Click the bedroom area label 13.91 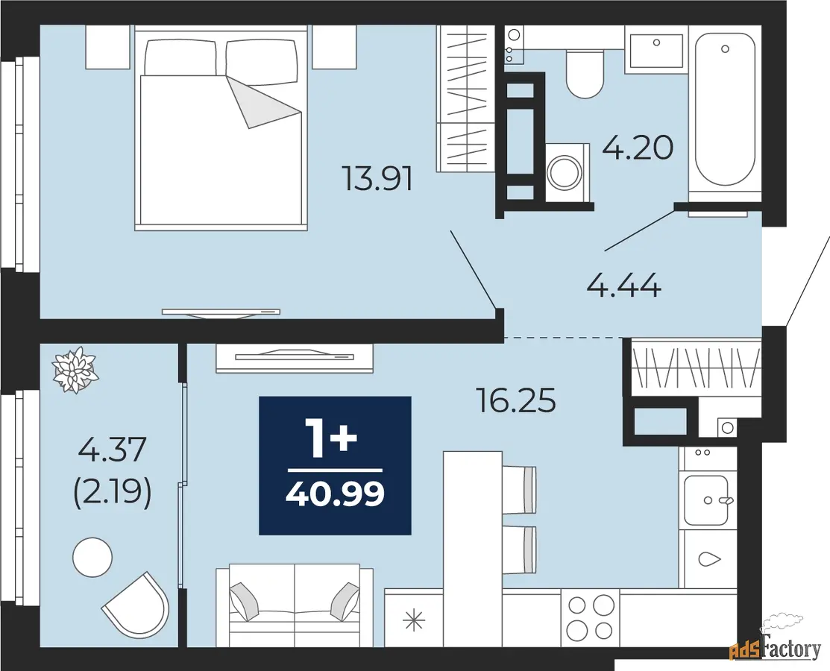(377, 178)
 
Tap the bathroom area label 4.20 (638, 148)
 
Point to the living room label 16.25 (516, 400)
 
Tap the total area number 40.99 (335, 494)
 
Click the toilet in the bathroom (585, 74)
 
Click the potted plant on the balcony (76, 369)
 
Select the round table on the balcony (92, 557)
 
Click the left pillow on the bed (180, 57)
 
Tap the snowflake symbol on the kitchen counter (414, 620)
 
